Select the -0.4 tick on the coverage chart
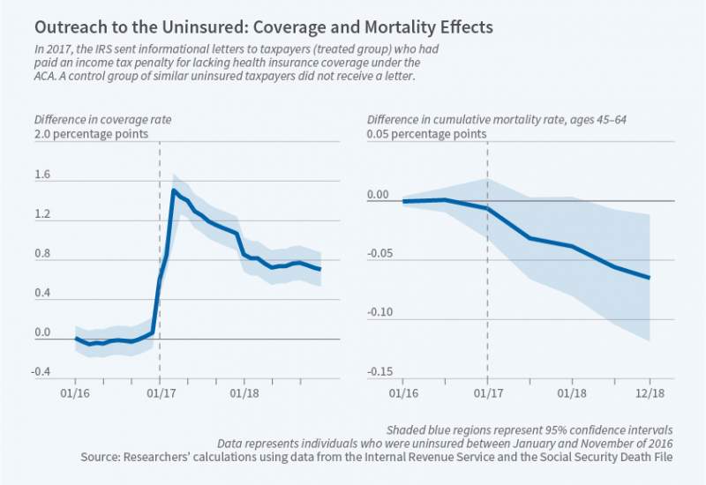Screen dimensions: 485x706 pos(42,372)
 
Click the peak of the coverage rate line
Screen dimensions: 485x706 pos(173,190)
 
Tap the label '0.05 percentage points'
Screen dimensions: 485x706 pos(426,135)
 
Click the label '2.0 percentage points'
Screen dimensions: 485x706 pos(91,135)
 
